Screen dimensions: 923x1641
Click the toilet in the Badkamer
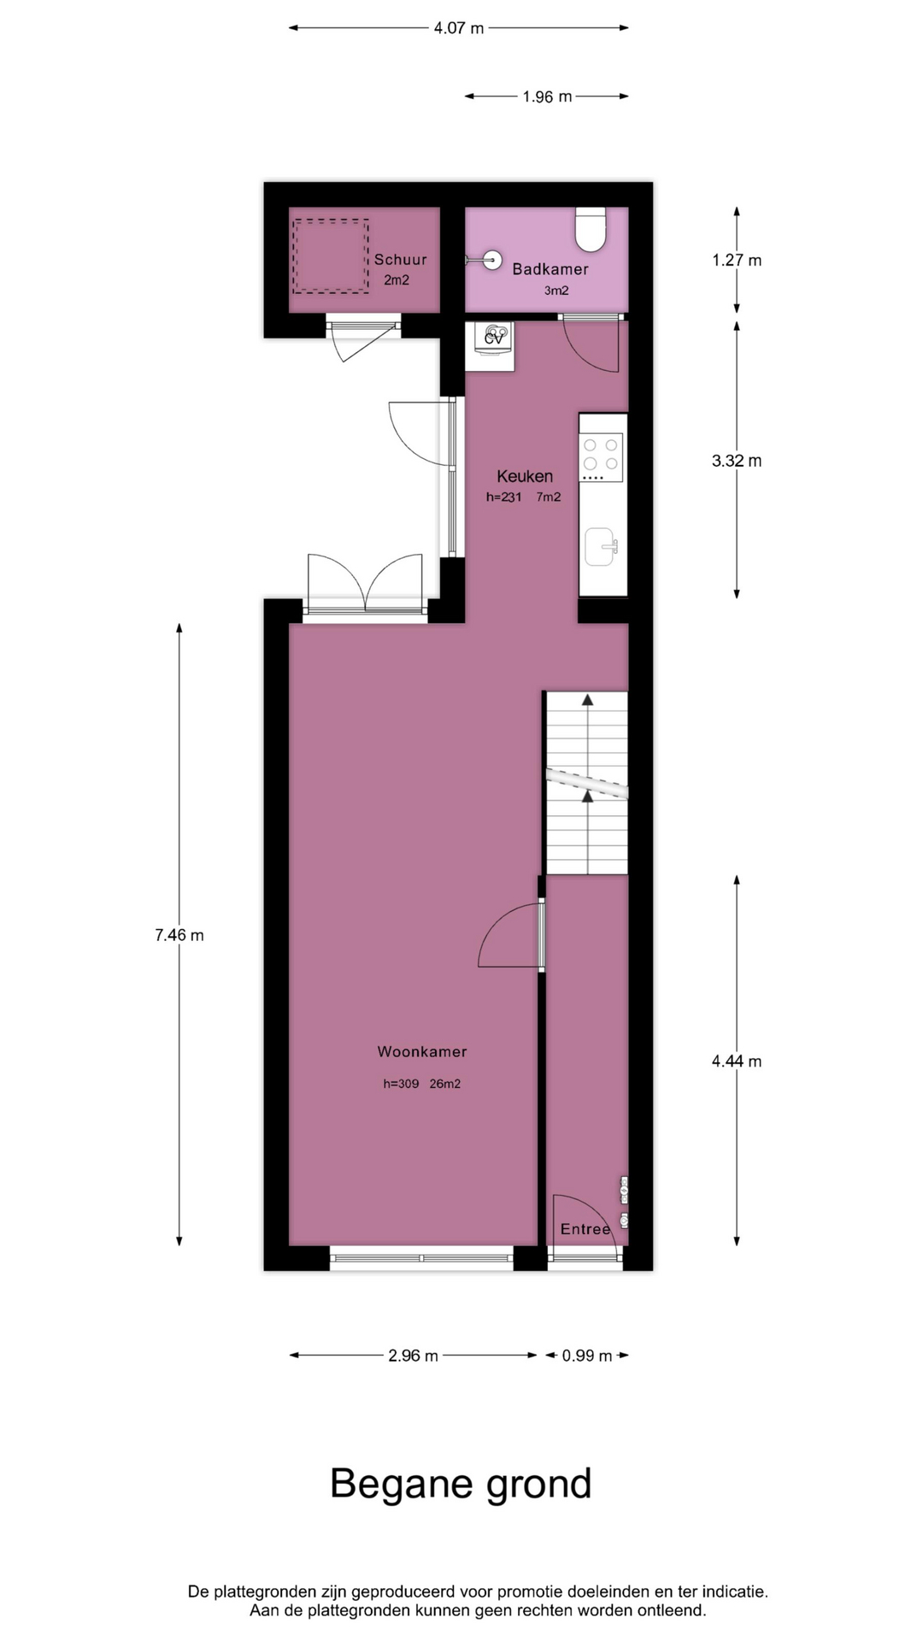(x=591, y=229)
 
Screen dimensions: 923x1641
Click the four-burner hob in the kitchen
(x=601, y=457)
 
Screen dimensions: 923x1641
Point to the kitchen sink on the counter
(x=602, y=547)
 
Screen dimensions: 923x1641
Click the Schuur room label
(x=400, y=260)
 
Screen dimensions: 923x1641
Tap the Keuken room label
(x=525, y=476)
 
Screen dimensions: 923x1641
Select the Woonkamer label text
(x=422, y=1051)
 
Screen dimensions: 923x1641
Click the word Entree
(x=585, y=1229)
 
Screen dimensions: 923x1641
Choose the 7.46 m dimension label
(x=179, y=935)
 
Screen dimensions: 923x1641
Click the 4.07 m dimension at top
(x=459, y=28)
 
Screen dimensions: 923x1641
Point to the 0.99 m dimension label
(x=587, y=1356)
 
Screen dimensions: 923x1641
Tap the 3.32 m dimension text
(x=737, y=461)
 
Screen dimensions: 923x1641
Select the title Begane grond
(x=461, y=1484)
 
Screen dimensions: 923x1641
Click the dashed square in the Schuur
(x=331, y=256)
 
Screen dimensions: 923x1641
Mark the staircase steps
(x=587, y=783)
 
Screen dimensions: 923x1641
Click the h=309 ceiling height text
(x=401, y=1084)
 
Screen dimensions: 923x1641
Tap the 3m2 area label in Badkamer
(x=556, y=291)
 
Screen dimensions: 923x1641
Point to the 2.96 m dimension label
(x=413, y=1356)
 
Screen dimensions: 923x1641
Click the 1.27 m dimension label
(x=737, y=260)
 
